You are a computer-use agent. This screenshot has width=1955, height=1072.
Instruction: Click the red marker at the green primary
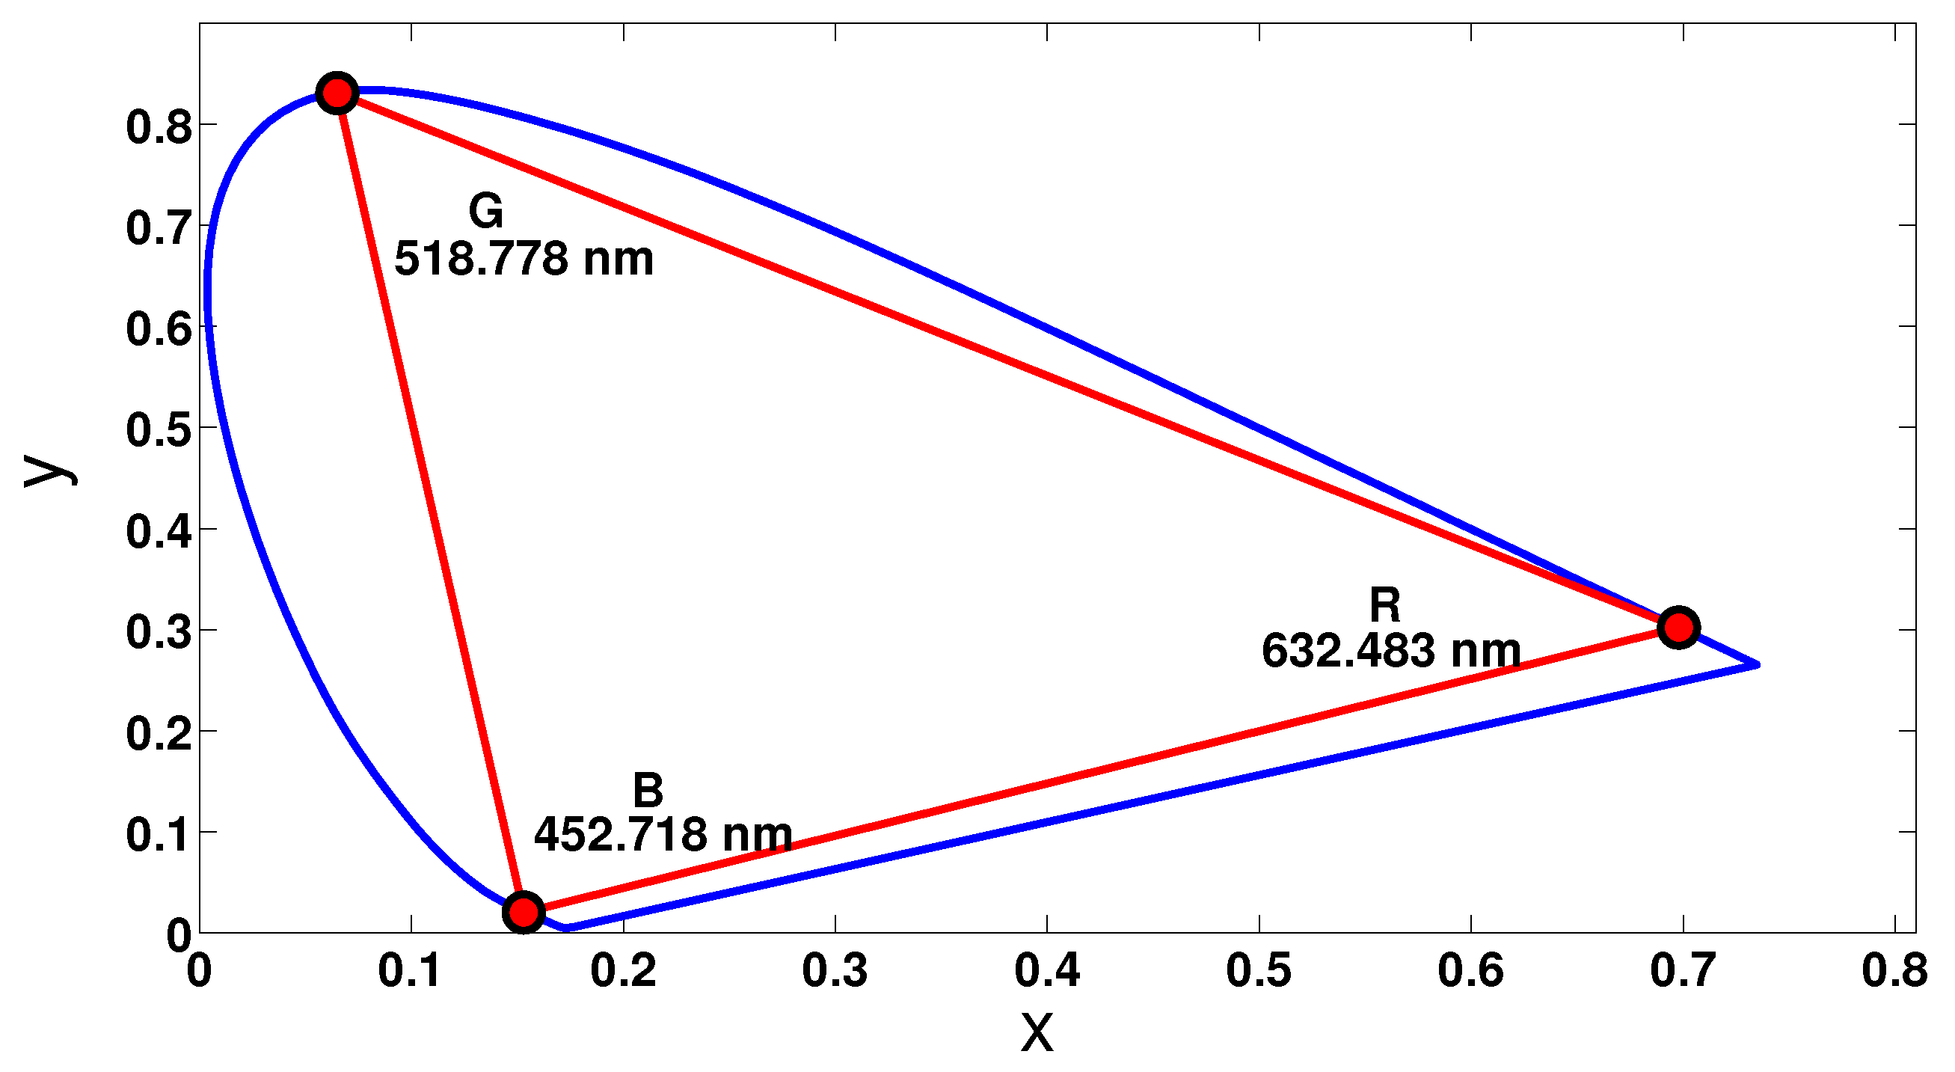(337, 94)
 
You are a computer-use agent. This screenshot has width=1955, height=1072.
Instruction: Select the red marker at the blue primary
(524, 911)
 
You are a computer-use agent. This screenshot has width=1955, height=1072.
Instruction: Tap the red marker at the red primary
(1678, 628)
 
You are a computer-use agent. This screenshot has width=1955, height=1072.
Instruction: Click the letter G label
(485, 211)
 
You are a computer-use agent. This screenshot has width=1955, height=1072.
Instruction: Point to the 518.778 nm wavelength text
(524, 259)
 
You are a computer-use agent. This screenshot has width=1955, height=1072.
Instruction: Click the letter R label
(1385, 606)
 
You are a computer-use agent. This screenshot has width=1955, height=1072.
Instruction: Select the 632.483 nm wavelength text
(1391, 652)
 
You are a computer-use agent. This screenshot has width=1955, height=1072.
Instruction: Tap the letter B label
(648, 790)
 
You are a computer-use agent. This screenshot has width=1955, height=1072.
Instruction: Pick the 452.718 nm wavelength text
(663, 835)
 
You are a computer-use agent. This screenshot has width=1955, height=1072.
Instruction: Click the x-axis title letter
(1037, 1033)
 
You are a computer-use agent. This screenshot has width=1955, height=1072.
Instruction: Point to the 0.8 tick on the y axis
(159, 126)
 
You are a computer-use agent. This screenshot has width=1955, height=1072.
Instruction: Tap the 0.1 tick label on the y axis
(159, 835)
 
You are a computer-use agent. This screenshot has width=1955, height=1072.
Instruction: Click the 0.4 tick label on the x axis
(1047, 971)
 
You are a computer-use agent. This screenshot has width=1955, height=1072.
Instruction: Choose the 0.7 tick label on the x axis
(1684, 971)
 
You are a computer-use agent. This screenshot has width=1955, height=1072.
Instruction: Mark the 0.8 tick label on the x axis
(1894, 971)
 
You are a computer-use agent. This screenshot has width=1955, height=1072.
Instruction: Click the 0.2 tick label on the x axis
(623, 971)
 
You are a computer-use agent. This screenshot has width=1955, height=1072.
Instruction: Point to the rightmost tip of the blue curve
(1757, 665)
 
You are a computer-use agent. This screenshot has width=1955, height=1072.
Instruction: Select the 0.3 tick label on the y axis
(159, 632)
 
